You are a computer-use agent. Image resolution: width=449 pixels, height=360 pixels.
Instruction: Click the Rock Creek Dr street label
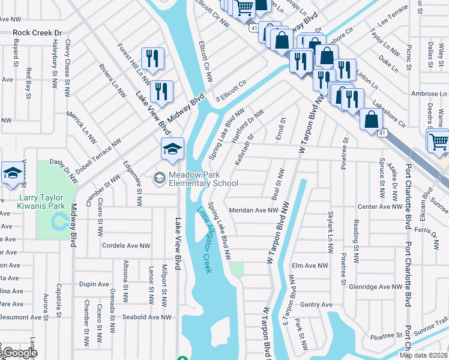click(38, 33)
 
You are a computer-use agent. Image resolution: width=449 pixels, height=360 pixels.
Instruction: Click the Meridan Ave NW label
click(254, 211)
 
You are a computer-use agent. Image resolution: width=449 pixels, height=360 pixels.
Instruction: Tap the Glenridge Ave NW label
click(375, 287)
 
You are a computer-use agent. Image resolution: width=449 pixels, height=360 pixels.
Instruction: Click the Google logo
click(20, 353)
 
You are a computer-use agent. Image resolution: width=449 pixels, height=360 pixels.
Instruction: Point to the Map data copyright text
click(423, 355)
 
